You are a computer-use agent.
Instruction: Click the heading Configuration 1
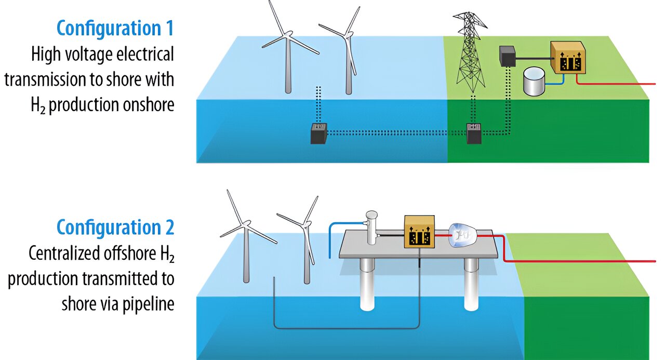click(115, 29)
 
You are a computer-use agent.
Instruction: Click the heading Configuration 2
click(115, 228)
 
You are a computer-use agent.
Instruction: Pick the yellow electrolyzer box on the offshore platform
click(418, 231)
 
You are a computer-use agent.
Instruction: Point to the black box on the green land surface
click(507, 55)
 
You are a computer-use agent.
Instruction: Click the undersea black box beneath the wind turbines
click(318, 134)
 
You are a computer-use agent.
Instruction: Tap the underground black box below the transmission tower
click(474, 134)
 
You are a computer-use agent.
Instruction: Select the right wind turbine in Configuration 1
click(348, 57)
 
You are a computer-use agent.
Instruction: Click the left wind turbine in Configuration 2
click(244, 239)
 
